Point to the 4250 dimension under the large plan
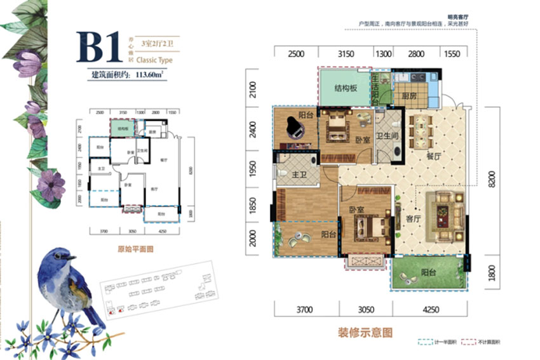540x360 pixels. tap(431, 310)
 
